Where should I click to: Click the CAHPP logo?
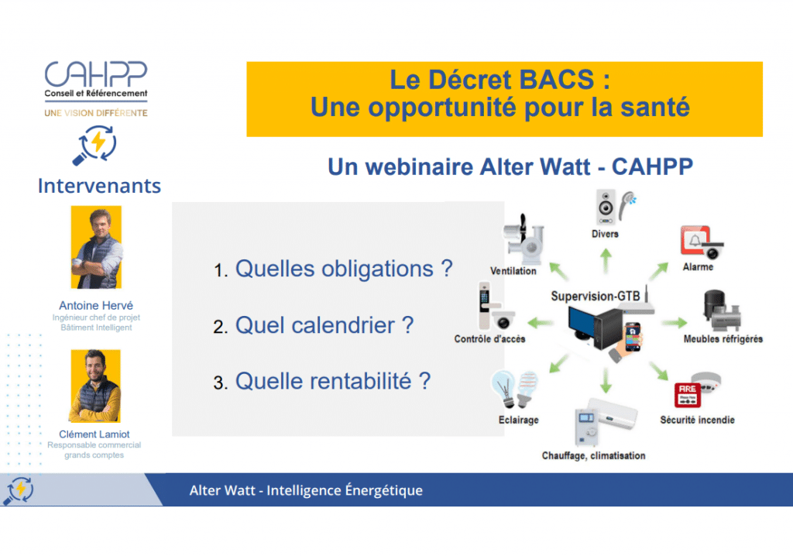coord(96,88)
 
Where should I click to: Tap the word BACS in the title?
coord(557,80)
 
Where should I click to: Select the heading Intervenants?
coord(99,186)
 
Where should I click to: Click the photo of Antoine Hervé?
coord(96,247)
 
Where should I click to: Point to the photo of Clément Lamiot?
coord(95,386)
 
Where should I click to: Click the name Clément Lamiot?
coord(94,434)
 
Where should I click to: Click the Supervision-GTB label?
coord(596,296)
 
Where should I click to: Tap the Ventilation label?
coord(513,271)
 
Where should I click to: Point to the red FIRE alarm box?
coord(688,395)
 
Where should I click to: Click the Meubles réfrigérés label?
coord(723,339)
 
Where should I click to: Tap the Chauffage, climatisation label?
coord(593,455)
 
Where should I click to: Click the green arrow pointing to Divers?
coord(606,260)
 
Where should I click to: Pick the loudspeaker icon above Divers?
coord(606,207)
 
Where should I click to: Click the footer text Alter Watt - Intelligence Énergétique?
coord(306,490)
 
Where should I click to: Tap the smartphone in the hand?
coord(633,337)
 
